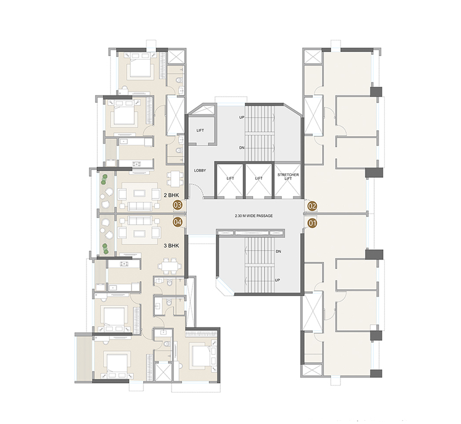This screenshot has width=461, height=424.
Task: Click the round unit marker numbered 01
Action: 313,224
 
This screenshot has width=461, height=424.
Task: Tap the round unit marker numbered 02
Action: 313,206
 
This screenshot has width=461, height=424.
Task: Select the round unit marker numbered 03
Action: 178,205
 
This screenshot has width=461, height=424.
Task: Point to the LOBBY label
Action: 200,171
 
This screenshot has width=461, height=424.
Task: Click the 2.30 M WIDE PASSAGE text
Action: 253,215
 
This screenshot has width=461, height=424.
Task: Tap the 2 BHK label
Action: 170,194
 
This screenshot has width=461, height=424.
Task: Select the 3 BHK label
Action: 170,245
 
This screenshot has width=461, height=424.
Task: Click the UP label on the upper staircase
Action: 242,118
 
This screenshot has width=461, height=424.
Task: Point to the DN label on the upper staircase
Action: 242,147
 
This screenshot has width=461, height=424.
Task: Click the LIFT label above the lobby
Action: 201,130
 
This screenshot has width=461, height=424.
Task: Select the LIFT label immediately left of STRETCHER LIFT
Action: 259,178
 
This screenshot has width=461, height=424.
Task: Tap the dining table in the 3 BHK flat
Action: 170,266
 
